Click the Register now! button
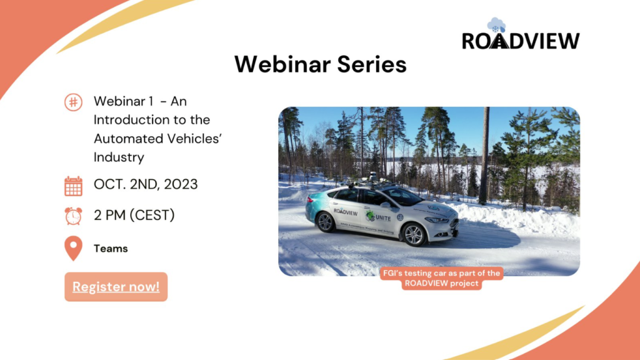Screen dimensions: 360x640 tap(116, 287)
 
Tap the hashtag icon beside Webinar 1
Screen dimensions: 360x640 tap(73, 102)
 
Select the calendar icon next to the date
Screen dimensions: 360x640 tap(73, 186)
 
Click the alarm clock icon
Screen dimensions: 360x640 tap(73, 216)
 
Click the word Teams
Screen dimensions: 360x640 tap(111, 249)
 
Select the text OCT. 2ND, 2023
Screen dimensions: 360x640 tap(146, 185)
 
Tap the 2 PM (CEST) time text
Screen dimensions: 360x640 tap(134, 216)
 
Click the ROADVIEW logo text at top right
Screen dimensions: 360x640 tap(521, 41)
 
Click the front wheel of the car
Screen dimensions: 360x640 tap(414, 234)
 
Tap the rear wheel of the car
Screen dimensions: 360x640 tap(324, 221)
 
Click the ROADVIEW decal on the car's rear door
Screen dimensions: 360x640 tap(346, 211)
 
